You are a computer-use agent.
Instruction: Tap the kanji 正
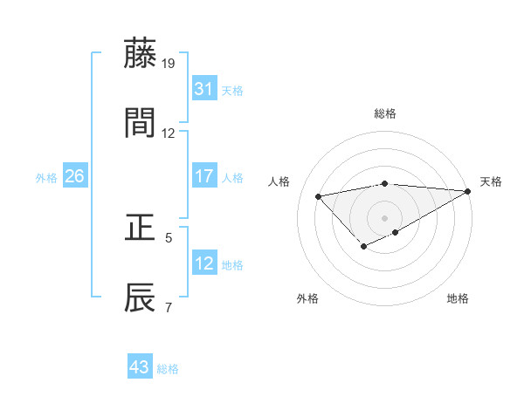click(x=141, y=229)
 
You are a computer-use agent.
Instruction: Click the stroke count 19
click(x=169, y=64)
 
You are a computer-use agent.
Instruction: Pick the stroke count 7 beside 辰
click(x=168, y=307)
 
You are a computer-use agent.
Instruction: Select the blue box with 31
click(x=203, y=89)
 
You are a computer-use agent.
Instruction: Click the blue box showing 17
click(x=203, y=176)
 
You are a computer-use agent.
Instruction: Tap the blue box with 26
click(x=74, y=176)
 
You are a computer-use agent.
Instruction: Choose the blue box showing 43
click(x=139, y=367)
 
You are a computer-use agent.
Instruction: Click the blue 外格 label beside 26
click(x=46, y=178)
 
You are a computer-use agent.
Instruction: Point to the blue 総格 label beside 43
click(x=168, y=369)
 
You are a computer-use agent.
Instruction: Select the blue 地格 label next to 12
click(x=233, y=265)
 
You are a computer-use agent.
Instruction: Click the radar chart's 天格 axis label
click(x=491, y=181)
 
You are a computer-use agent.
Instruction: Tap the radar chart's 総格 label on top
click(x=384, y=113)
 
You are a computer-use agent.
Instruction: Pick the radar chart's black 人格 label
click(x=279, y=181)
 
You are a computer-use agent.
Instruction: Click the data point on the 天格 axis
click(x=467, y=191)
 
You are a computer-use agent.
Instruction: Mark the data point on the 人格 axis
click(x=319, y=195)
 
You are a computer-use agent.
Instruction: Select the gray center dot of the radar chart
click(x=384, y=217)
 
